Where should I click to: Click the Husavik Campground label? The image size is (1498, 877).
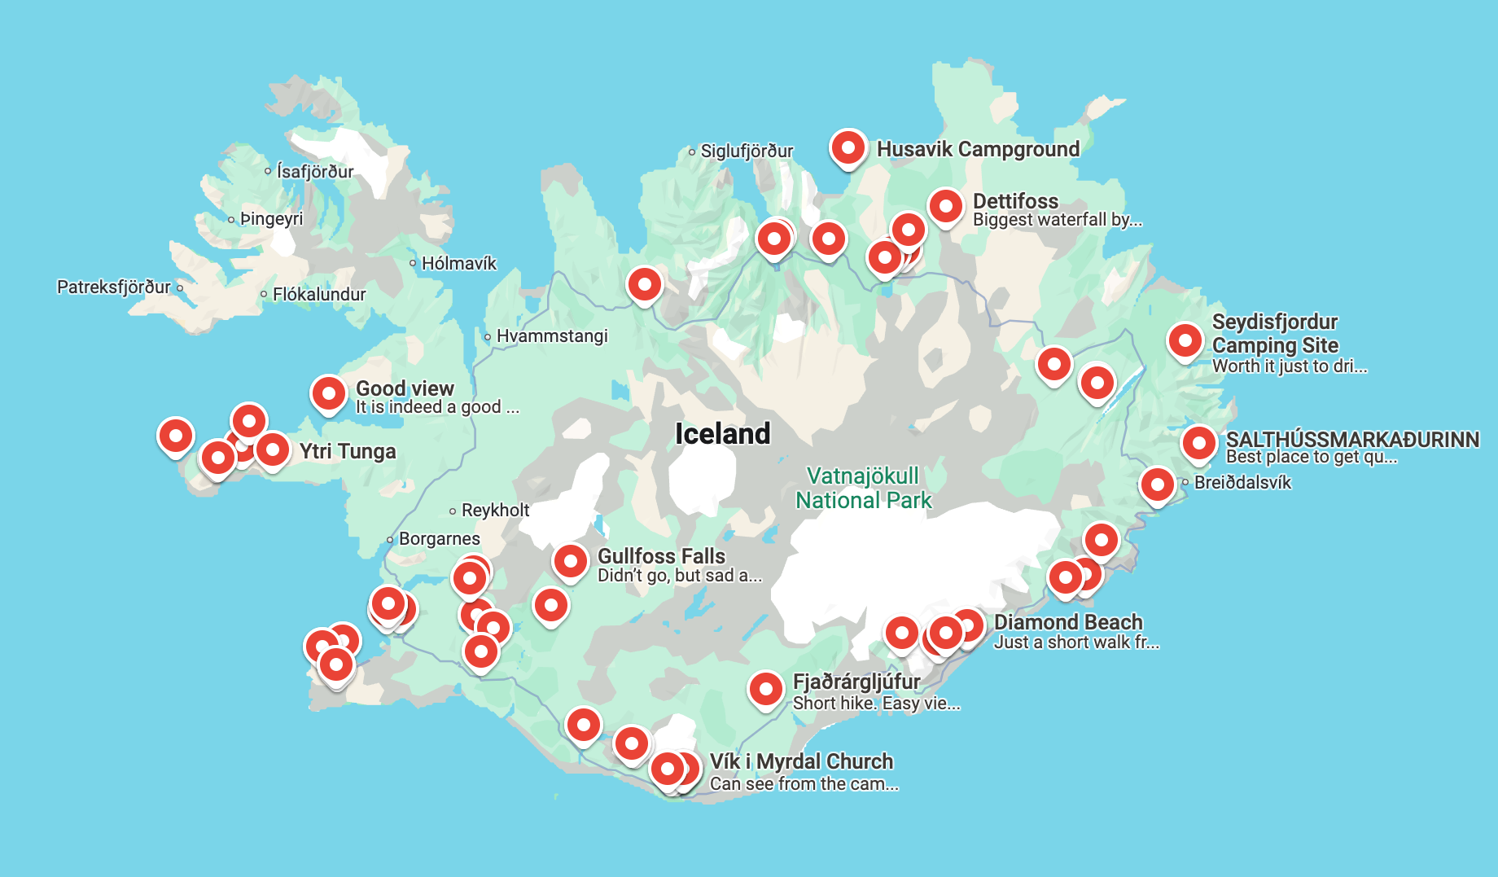(x=977, y=149)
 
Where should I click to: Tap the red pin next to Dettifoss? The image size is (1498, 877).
(x=945, y=206)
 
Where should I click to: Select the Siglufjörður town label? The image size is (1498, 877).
(x=746, y=151)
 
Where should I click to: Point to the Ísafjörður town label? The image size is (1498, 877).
(x=314, y=171)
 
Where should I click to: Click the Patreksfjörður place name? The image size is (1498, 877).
(x=114, y=287)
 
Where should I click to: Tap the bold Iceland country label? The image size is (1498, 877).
(x=722, y=433)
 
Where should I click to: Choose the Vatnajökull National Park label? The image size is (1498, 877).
(x=863, y=488)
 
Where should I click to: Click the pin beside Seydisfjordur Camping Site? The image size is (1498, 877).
(x=1185, y=340)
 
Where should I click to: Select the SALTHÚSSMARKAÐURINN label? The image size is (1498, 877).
(x=1351, y=439)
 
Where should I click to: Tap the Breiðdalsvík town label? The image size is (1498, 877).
(x=1242, y=482)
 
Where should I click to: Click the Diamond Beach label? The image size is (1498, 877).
(x=1067, y=622)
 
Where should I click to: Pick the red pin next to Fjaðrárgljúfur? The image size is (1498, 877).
(x=765, y=689)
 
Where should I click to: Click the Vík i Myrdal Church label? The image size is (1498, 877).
(x=801, y=761)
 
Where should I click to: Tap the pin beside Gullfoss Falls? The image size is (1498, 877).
(x=570, y=560)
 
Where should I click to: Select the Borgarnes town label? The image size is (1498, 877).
(x=439, y=538)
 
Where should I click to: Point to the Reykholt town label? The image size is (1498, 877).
(x=495, y=510)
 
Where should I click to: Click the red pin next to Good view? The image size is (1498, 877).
(x=328, y=393)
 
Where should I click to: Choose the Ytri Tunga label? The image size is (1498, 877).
(x=347, y=451)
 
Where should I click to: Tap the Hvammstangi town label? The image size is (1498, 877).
(x=551, y=335)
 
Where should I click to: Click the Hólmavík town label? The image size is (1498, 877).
(x=458, y=263)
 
